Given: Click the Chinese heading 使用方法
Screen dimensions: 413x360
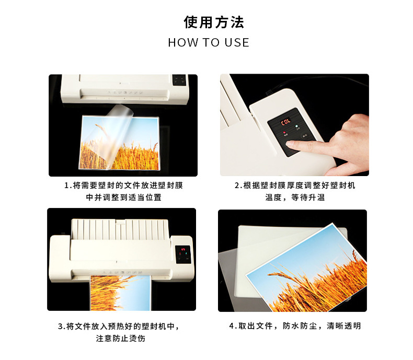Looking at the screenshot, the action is (214, 22).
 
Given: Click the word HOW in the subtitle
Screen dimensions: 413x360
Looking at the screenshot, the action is (183, 43).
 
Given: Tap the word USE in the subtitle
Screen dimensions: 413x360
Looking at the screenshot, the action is (237, 43).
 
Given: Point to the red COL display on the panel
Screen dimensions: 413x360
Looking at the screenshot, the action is (286, 122).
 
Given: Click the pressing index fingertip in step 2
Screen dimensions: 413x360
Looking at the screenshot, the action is (290, 144).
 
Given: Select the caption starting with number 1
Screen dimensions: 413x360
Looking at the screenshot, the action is (123, 191).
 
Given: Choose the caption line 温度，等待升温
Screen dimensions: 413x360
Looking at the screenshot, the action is (295, 198).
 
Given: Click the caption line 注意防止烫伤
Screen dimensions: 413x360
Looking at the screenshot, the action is (121, 338).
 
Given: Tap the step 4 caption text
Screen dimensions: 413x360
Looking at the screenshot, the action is (295, 326).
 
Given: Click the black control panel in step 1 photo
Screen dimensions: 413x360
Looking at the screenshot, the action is (179, 80).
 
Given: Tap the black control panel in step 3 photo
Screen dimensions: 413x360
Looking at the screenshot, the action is (183, 254).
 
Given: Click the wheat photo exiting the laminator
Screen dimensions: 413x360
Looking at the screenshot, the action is (120, 293).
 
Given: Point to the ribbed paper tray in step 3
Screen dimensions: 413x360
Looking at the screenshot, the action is (120, 229).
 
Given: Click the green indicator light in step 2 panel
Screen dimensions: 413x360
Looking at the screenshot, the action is (296, 126).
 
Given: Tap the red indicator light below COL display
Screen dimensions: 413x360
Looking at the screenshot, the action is (284, 132).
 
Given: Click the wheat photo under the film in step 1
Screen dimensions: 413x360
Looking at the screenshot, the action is (119, 142).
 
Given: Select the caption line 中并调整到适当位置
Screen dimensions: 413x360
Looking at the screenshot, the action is (123, 198).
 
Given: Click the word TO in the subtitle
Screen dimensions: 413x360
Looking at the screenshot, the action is (211, 43).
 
